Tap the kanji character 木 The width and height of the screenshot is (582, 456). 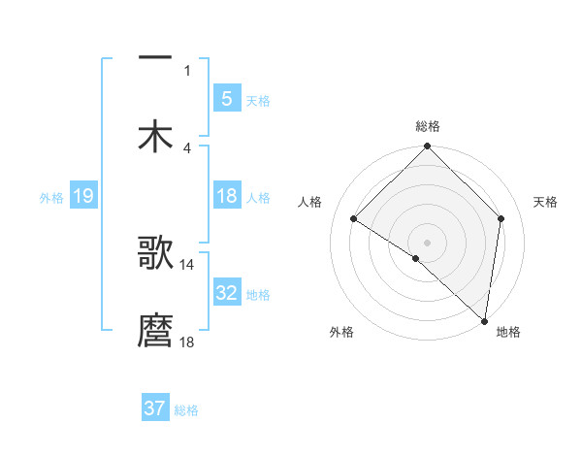[155, 137]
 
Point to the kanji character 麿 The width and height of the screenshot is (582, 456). [155, 331]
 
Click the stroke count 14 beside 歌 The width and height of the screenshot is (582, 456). [187, 264]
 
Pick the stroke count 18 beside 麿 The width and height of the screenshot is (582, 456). [187, 342]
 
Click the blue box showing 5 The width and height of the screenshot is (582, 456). [226, 99]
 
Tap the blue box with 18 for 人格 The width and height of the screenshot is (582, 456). [226, 196]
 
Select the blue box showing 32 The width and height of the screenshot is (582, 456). [226, 293]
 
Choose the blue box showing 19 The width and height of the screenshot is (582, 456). [82, 196]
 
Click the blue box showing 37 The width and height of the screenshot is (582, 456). [154, 408]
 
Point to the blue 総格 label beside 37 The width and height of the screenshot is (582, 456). [186, 410]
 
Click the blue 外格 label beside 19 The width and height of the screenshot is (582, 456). [51, 197]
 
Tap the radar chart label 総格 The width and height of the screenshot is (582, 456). [427, 126]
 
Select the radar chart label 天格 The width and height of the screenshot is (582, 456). [545, 202]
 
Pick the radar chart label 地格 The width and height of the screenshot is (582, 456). [508, 332]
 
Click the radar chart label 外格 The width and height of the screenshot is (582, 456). [341, 332]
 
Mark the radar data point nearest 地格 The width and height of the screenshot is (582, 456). [485, 321]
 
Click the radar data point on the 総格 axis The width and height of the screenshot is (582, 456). [427, 147]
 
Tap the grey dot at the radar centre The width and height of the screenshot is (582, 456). [427, 242]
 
